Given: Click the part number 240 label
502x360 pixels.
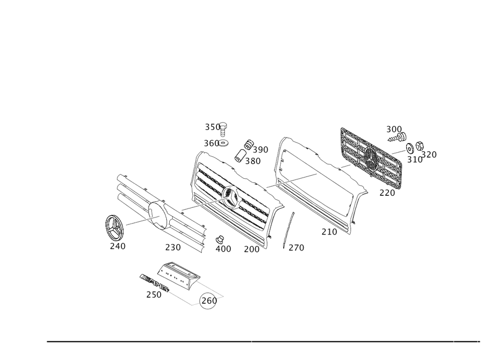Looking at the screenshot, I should [x=117, y=247].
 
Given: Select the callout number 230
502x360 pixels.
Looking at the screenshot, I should [x=173, y=247].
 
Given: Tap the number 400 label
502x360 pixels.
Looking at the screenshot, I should [x=223, y=249].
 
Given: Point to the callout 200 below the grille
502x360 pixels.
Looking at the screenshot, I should [x=251, y=249].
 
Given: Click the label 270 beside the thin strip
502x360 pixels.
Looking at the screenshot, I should [x=296, y=248].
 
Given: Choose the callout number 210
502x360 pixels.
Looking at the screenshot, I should [x=329, y=232].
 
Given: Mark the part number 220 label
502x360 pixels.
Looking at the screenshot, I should [x=387, y=192].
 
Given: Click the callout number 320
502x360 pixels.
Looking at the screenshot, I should [x=430, y=155].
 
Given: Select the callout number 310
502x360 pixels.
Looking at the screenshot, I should [x=415, y=160].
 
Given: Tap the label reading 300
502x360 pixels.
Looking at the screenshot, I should [x=394, y=130].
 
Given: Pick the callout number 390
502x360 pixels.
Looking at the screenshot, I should [x=261, y=150].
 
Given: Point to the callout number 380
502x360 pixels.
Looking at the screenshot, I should [x=253, y=161].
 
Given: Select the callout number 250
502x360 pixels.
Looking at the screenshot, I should [x=154, y=295].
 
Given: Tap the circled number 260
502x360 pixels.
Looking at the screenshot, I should [x=209, y=300].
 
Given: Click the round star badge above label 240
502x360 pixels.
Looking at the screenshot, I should [x=114, y=227].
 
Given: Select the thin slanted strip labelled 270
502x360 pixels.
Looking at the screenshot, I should [x=289, y=228].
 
